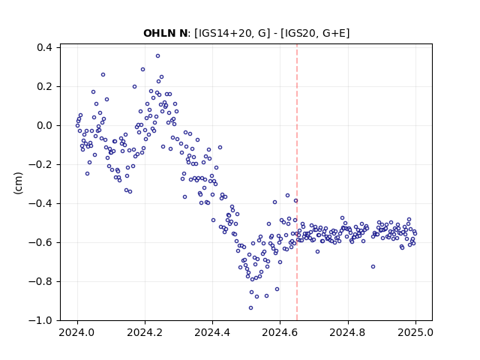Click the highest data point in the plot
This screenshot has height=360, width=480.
click(157, 56)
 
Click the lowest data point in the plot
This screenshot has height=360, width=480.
click(250, 307)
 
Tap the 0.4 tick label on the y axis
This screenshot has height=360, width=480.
click(44, 47)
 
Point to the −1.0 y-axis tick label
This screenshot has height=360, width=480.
click(40, 320)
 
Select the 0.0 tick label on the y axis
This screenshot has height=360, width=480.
click(44, 125)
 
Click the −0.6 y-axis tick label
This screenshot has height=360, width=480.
click(40, 242)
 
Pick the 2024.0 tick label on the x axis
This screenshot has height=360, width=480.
click(77, 332)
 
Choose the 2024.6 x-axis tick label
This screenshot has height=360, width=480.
click(280, 332)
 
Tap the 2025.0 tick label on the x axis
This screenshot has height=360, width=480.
click(415, 332)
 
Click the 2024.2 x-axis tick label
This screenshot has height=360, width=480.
click(145, 332)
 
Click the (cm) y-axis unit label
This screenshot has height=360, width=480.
click(18, 183)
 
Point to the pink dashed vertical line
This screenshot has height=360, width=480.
click(297, 182)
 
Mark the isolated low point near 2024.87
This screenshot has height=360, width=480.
click(373, 267)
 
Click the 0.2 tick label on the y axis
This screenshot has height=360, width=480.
click(44, 87)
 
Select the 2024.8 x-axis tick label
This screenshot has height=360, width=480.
click(347, 332)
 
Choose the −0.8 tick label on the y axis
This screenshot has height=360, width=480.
click(40, 281)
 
